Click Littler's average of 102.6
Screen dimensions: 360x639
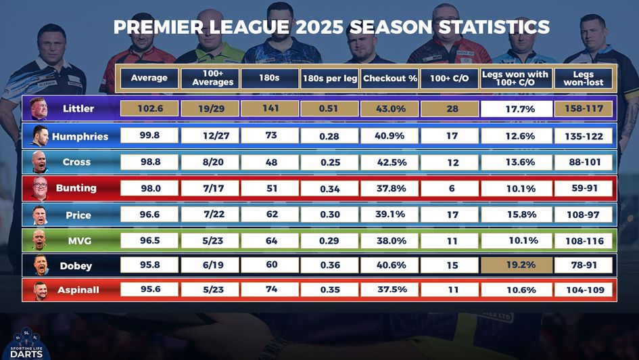[x=149, y=108]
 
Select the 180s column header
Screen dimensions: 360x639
[x=268, y=78]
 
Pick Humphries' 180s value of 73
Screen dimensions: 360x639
[x=271, y=135]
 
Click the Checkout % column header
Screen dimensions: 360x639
[x=389, y=78]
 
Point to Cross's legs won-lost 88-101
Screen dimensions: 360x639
[x=583, y=162]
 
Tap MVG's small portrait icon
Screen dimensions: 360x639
[x=39, y=240]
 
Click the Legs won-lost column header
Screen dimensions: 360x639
[x=583, y=78]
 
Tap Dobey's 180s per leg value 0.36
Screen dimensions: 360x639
[x=330, y=265]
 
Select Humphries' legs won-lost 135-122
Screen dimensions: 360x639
[x=583, y=136]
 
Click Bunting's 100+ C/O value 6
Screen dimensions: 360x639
[x=452, y=188]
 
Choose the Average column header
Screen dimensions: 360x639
[x=149, y=78]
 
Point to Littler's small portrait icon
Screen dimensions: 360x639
[x=39, y=109]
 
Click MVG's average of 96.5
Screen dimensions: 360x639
[x=149, y=240]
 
